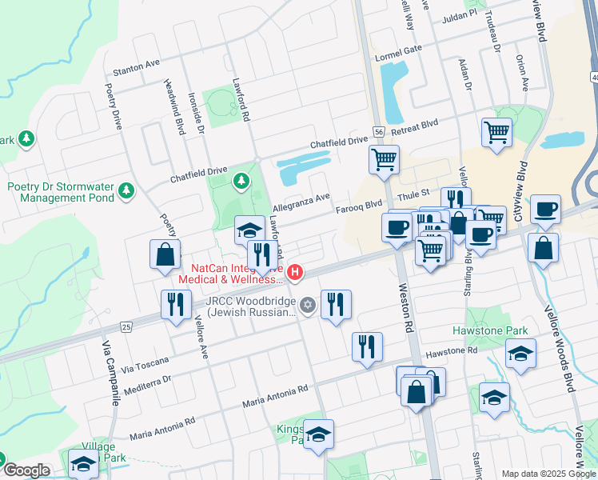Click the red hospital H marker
point(296,274)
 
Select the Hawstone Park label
point(490,330)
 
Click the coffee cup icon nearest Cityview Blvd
point(544,210)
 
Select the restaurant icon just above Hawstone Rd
point(367,346)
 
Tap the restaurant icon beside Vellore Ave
point(174,305)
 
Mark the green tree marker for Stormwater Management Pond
point(126,190)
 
